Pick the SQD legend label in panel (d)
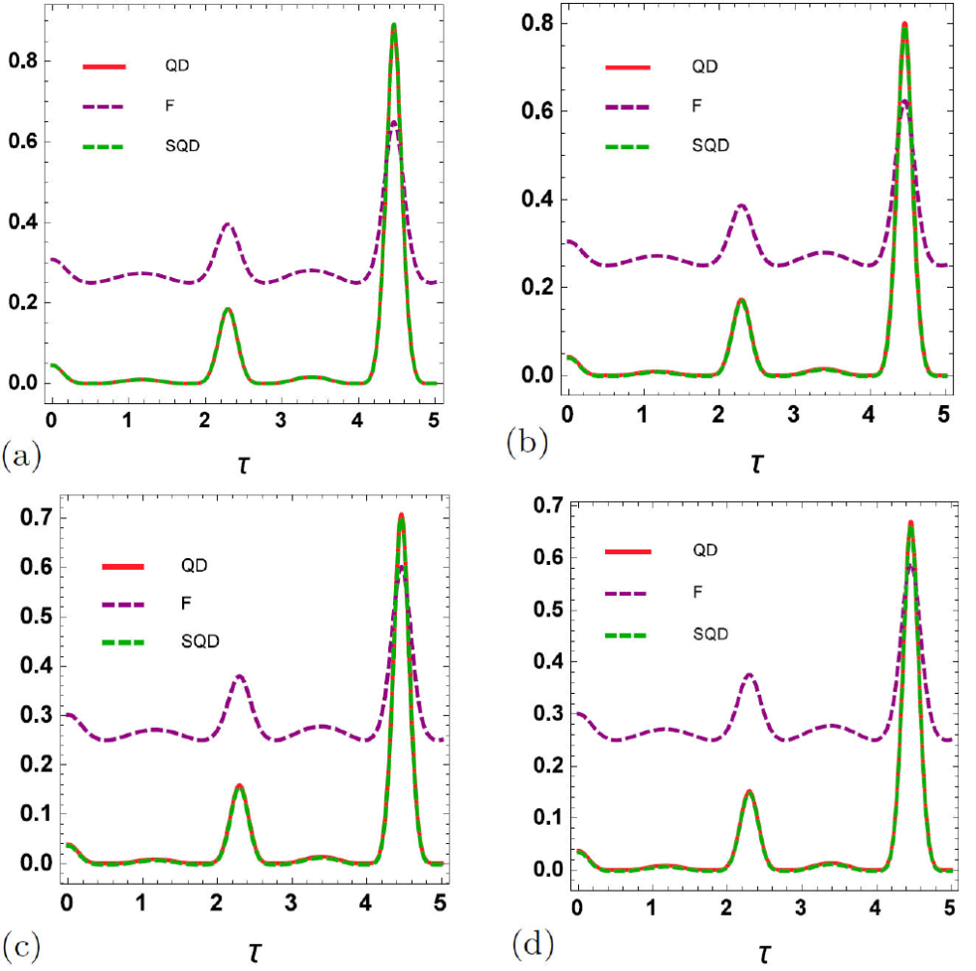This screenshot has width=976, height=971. (712, 633)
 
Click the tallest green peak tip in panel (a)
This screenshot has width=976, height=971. (394, 25)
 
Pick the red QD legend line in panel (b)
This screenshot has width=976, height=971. (626, 67)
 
